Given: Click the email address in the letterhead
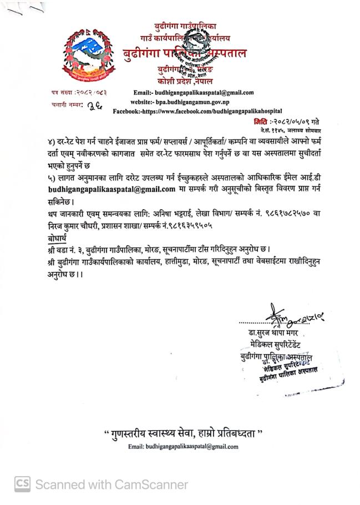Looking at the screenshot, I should point(194,93).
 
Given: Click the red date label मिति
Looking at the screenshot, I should point(260,121).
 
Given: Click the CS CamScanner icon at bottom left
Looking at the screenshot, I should point(23,484).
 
